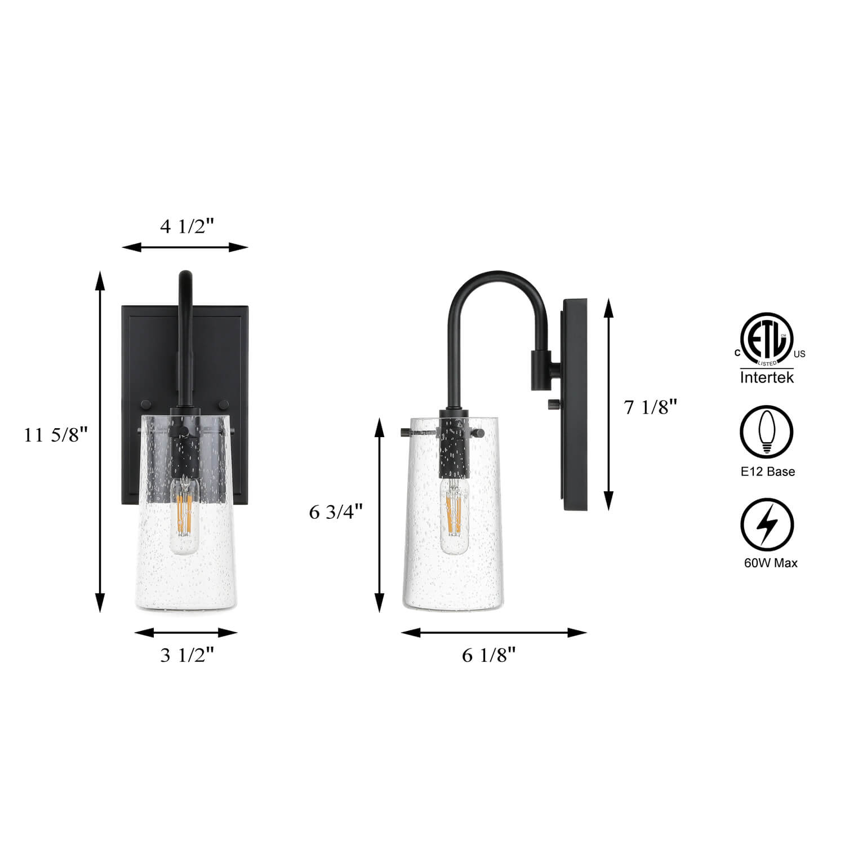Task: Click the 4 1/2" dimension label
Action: (x=188, y=226)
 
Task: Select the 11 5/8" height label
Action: (x=57, y=435)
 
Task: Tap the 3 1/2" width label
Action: (x=188, y=655)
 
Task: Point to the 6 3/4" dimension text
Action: (x=336, y=512)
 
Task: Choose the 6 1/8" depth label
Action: (x=489, y=655)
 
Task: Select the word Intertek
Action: (x=767, y=377)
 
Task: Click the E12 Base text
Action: (x=768, y=472)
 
